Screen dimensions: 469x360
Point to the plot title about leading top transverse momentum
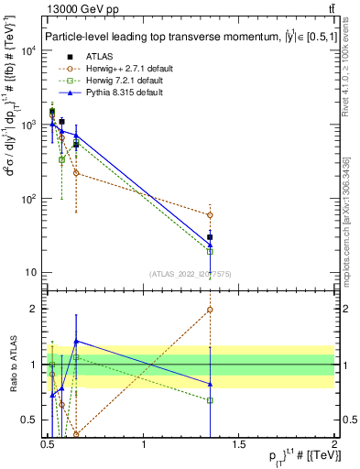[x=183, y=35]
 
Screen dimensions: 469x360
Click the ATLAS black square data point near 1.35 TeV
[x=210, y=237]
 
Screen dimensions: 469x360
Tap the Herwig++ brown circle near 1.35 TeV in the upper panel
[x=210, y=215]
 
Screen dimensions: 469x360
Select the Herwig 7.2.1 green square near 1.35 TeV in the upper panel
[x=210, y=251]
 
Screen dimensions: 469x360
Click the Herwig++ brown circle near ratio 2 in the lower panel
[x=210, y=310]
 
